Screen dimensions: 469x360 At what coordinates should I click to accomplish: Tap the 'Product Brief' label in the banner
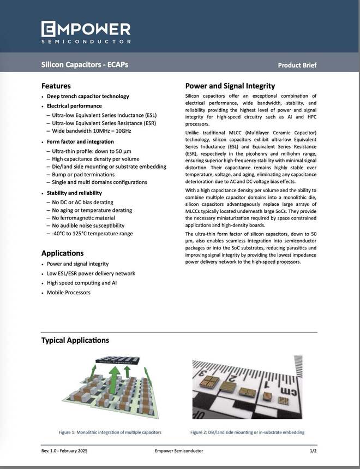pyautogui.click(x=297, y=66)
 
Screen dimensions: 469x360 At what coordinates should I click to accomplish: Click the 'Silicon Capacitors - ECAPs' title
pyautogui.click(x=85, y=65)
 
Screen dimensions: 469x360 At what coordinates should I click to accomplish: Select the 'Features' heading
pyautogui.click(x=56, y=86)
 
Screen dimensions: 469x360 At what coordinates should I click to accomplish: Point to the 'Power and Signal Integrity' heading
pyautogui.click(x=230, y=86)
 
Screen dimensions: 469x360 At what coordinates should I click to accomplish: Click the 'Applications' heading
pyautogui.click(x=63, y=253)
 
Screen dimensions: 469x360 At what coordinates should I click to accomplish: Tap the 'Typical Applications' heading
pyautogui.click(x=75, y=340)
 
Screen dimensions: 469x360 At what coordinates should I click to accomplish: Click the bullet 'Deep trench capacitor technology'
pyautogui.click(x=88, y=97)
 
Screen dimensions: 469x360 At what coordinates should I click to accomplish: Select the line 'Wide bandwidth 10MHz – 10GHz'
pyautogui.click(x=92, y=131)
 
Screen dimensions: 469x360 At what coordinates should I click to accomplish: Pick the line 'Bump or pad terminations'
pyautogui.click(x=84, y=174)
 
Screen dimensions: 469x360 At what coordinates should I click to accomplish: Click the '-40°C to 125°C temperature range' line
pyautogui.click(x=92, y=234)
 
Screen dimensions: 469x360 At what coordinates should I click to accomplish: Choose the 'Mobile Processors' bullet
pyautogui.click(x=69, y=293)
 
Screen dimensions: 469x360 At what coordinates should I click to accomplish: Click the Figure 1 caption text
pyautogui.click(x=110, y=432)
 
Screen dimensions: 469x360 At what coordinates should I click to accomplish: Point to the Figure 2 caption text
pyautogui.click(x=247, y=432)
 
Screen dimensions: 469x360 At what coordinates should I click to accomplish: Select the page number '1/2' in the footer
pyautogui.click(x=313, y=450)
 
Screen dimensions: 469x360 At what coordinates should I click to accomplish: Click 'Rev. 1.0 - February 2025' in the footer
pyautogui.click(x=64, y=450)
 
